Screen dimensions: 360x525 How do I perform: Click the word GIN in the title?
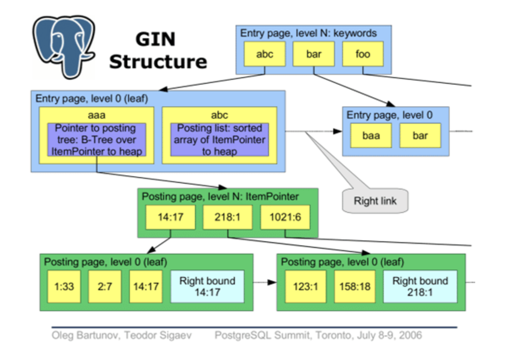tap(155, 40)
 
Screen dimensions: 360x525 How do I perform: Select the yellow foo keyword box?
tap(363, 54)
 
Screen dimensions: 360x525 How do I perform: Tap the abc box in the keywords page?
tap(265, 54)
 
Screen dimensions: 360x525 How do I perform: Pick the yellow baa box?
tap(371, 135)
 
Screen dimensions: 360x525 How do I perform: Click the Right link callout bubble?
tap(375, 201)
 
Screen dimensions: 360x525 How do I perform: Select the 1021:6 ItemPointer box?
tap(285, 217)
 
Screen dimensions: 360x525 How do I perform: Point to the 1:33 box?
tap(64, 286)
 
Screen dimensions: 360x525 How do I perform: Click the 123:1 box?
tap(305, 286)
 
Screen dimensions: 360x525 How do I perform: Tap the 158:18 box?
tap(354, 286)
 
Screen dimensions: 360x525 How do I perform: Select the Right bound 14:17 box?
tap(207, 286)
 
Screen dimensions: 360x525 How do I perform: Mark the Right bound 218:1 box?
tap(420, 286)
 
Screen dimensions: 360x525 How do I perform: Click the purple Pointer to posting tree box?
tap(97, 139)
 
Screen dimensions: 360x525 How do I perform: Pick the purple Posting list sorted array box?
tap(219, 139)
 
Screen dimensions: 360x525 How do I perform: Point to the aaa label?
tap(97, 114)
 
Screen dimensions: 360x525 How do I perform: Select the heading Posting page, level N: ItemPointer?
tap(220, 196)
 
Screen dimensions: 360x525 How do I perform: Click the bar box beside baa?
tap(420, 135)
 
